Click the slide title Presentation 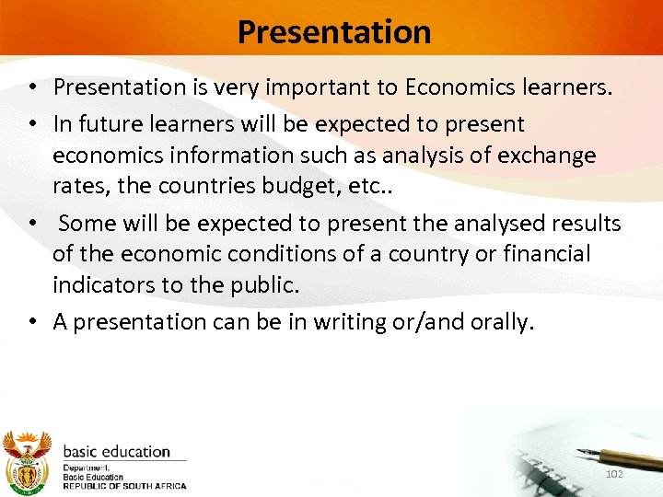click(333, 32)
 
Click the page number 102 click(615, 473)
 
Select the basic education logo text click(116, 452)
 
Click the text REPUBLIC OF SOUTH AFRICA click(124, 486)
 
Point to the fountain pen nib click(583, 452)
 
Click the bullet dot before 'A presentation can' click(32, 322)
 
